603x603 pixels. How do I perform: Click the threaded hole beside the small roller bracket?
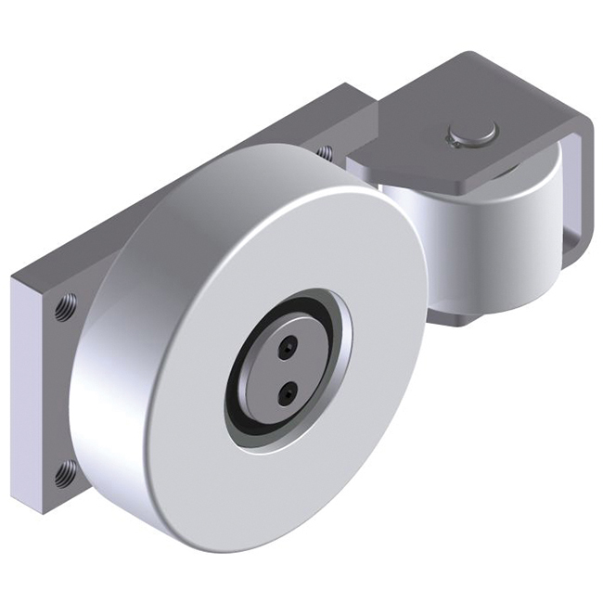click(324, 150)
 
